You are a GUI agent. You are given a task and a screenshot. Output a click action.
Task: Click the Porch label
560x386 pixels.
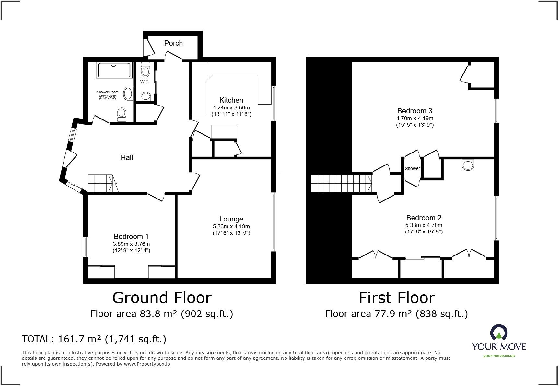[x=173, y=43]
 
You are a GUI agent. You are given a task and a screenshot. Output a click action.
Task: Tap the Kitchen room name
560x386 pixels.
[x=231, y=100]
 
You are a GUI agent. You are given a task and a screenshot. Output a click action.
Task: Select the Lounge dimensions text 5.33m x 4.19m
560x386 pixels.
[x=231, y=227]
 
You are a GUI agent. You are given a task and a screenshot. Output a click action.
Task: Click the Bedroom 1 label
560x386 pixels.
[x=131, y=237]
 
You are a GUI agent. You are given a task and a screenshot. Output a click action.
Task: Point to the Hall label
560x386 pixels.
[x=127, y=158]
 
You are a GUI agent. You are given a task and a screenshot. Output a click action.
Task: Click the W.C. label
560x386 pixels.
[x=145, y=82]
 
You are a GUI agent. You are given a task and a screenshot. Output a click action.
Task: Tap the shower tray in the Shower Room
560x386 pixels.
[x=114, y=70]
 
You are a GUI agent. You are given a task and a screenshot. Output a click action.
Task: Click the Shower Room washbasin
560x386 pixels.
[x=129, y=94]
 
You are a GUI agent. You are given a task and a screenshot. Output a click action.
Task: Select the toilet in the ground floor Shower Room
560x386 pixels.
[x=122, y=114]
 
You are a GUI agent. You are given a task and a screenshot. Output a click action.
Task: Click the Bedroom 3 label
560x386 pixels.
[x=415, y=111]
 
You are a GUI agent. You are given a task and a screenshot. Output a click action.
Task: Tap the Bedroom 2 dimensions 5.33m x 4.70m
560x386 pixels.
[x=424, y=225]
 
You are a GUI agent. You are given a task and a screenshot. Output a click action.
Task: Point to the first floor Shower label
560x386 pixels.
[x=412, y=168]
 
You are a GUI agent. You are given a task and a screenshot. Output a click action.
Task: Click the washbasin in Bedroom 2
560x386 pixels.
[x=468, y=165]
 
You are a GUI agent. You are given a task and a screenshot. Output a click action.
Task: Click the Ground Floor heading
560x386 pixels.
[x=162, y=298]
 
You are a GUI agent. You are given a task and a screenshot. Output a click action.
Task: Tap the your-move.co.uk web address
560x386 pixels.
[x=499, y=356]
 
